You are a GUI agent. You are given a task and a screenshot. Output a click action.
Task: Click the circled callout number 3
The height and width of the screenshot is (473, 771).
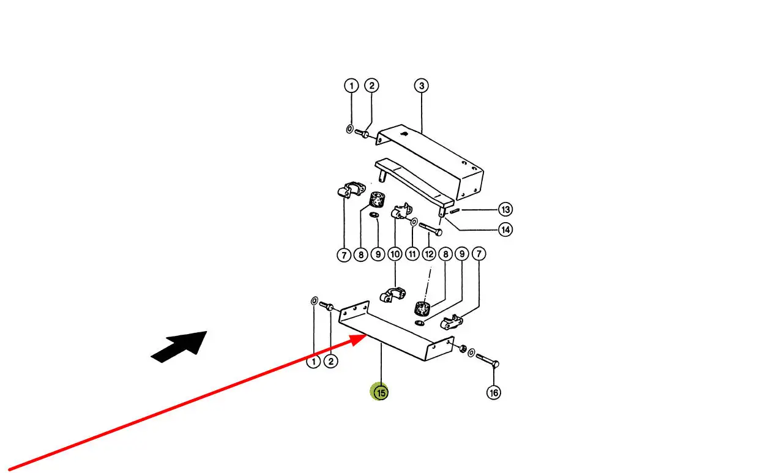(x=421, y=86)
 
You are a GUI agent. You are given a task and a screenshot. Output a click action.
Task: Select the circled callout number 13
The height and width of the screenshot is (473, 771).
(x=505, y=210)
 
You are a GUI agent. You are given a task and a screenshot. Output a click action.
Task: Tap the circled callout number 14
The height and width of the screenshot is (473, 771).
(x=505, y=230)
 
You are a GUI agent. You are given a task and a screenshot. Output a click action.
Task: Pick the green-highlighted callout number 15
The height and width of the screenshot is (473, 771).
(x=381, y=392)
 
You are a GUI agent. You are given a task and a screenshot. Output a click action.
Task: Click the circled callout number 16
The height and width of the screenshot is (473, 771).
(x=493, y=392)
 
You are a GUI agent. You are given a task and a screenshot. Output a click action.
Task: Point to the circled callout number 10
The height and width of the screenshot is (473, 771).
(x=395, y=254)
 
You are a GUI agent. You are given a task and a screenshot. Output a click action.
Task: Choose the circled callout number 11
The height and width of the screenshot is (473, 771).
(x=412, y=254)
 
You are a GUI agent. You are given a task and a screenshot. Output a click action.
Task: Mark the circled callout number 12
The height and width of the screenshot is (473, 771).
(x=429, y=254)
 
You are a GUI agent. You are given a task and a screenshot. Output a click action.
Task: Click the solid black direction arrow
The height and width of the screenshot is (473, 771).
(x=179, y=346)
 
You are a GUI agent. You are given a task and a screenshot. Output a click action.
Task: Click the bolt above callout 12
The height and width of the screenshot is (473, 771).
(x=431, y=230)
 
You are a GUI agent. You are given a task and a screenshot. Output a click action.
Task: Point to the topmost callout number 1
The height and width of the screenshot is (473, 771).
(x=351, y=86)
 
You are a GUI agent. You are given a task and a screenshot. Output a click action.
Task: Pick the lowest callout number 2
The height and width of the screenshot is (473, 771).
(x=330, y=362)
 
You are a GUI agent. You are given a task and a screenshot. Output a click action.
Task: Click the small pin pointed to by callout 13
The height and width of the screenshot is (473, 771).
(x=455, y=211)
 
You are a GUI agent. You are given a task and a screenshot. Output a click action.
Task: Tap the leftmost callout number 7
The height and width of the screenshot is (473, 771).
(x=344, y=254)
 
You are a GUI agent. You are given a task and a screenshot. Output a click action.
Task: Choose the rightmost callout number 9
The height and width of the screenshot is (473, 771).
(x=462, y=254)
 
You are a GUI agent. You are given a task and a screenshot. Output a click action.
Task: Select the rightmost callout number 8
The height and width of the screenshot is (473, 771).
(x=445, y=254)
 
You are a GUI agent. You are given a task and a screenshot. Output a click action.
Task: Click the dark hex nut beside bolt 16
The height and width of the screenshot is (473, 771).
(x=463, y=349)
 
